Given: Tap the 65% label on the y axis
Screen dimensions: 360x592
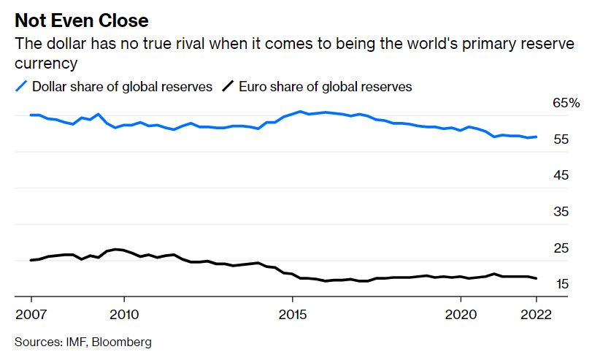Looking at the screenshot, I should point(566,104).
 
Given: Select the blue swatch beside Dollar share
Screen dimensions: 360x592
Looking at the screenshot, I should point(22,87).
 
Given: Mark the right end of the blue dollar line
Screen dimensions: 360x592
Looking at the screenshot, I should point(537,137).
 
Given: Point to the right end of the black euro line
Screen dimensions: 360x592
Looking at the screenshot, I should point(537,278).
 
